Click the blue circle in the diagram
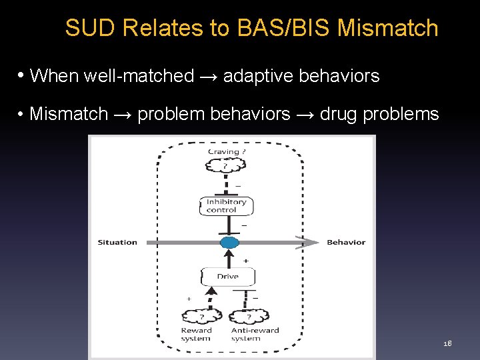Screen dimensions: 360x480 229,242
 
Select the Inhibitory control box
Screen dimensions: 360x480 226,206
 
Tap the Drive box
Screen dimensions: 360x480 227,276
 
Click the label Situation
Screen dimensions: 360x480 117,242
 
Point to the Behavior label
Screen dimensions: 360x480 346,242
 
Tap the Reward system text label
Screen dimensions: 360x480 196,334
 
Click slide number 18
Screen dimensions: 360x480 447,343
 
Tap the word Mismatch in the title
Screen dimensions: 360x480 388,28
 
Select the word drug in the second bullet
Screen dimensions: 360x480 338,114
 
